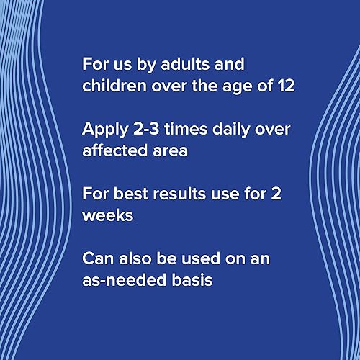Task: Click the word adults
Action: tap(185, 64)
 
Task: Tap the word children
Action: tap(114, 86)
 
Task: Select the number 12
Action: tap(287, 86)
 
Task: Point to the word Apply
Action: tap(105, 130)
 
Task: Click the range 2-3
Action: tap(146, 129)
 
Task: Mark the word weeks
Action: tap(107, 215)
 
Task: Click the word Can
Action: tap(98, 258)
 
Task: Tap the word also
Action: tap(135, 258)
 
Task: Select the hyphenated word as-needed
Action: tap(125, 280)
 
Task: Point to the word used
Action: tap(201, 258)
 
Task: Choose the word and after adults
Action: tap(230, 64)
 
